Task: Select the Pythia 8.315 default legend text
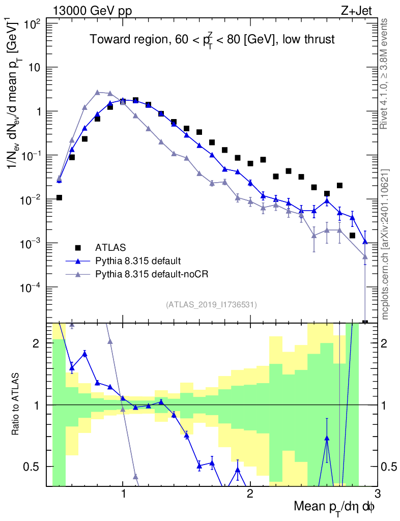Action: tap(137, 261)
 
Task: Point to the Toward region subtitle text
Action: tap(212, 40)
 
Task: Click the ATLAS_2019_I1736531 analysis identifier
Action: tap(211, 305)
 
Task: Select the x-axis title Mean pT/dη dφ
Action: tap(335, 506)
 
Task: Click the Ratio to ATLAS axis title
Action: tap(16, 404)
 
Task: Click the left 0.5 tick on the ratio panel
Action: tap(35, 467)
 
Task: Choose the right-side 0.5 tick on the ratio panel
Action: tap(389, 467)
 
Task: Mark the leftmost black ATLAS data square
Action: tap(60, 197)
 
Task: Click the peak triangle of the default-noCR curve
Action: tap(98, 92)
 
